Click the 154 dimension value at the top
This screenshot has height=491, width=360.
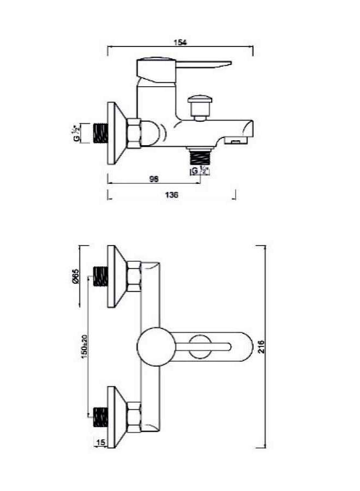pos(179,42)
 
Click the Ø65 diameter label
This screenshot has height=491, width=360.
pos(76,276)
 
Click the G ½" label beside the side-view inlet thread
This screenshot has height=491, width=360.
pos(77,133)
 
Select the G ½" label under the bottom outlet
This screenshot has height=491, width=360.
pos(199,171)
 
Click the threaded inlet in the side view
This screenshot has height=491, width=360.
pos(100,134)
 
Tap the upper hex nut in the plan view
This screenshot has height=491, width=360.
pos(134,276)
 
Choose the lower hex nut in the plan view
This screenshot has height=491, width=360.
pos(134,417)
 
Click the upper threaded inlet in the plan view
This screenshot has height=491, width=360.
pos(100,276)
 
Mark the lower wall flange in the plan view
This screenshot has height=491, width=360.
pos(116,417)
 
